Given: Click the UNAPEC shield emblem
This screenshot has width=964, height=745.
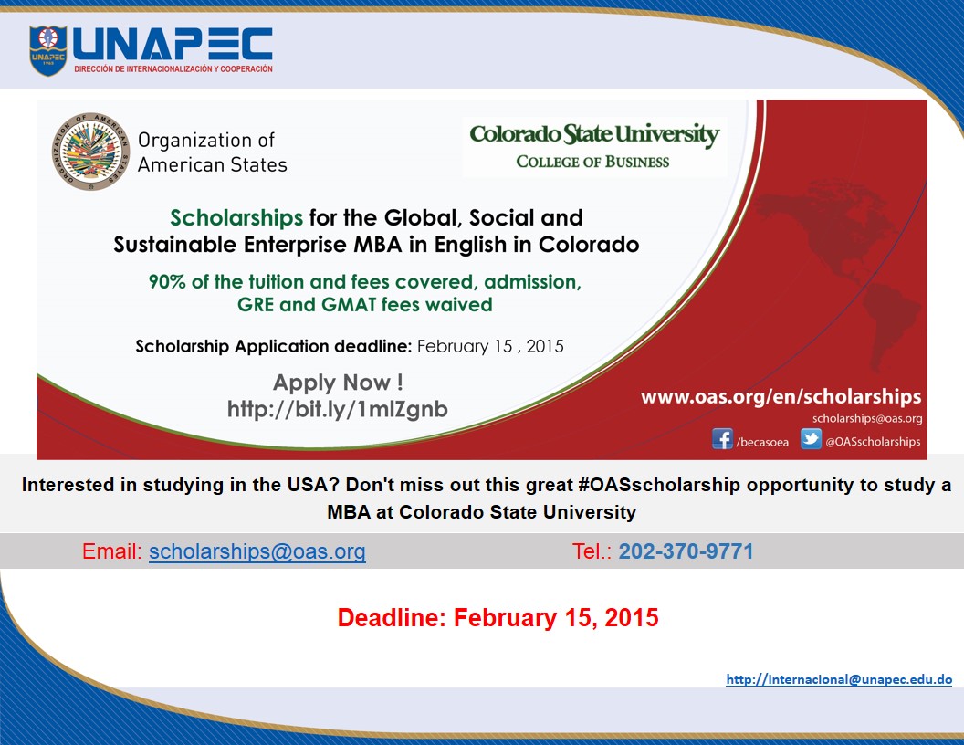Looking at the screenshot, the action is (48, 50).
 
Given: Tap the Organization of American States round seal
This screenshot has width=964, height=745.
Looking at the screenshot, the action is (91, 152).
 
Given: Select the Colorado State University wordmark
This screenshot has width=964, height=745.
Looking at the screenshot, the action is (594, 134).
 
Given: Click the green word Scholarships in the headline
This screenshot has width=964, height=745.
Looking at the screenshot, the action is (236, 217).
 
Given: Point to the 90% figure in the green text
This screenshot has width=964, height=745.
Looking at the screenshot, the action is (167, 281).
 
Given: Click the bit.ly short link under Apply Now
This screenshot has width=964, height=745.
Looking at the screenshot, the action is (338, 409).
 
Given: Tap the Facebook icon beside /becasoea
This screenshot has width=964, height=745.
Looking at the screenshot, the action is (722, 439).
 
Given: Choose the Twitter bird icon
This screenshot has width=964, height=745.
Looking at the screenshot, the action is (811, 439).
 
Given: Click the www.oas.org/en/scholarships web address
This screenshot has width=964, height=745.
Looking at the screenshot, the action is (781, 397).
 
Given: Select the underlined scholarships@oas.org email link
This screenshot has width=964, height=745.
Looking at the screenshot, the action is (257, 551).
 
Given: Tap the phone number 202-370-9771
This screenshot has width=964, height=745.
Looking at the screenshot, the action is (686, 551).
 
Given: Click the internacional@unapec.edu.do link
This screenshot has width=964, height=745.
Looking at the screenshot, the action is (839, 679).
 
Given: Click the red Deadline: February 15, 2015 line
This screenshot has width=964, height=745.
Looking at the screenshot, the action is (498, 618).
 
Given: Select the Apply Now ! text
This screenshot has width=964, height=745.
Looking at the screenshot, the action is (338, 383).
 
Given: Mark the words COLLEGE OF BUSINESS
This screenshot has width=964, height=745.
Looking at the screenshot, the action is (592, 162).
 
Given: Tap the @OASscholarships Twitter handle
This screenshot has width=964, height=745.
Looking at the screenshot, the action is (873, 441).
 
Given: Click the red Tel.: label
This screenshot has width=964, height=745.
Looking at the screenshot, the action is (592, 551).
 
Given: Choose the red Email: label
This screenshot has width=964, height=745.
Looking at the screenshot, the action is (112, 551).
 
